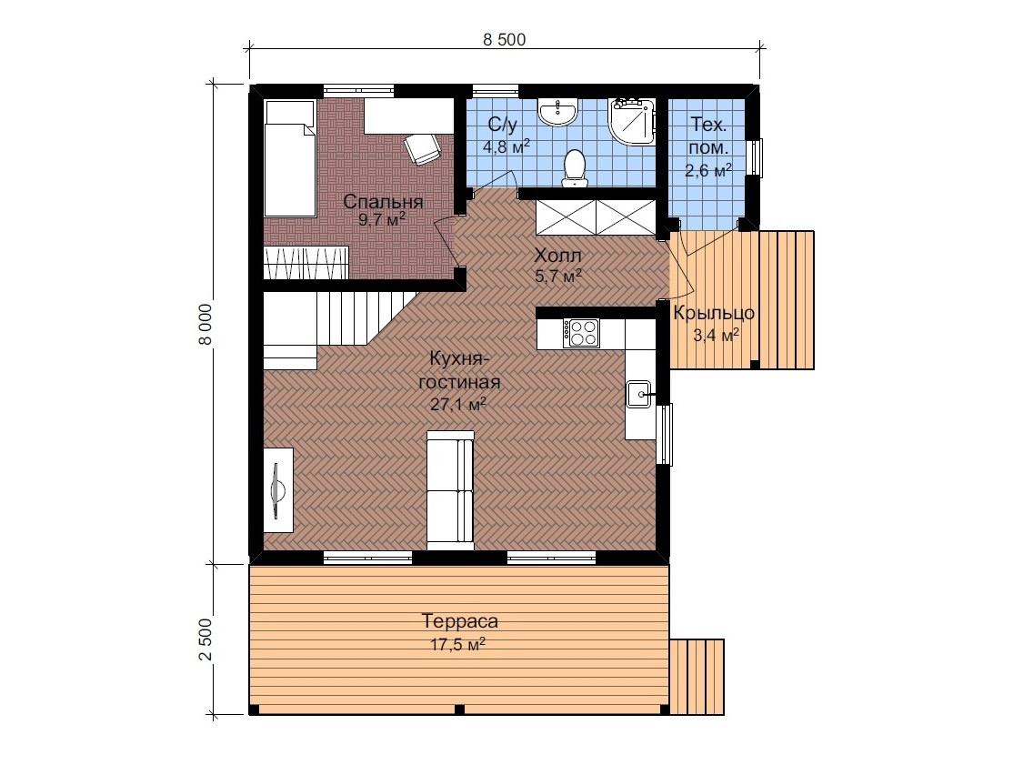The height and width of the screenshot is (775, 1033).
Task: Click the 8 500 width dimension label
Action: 504,39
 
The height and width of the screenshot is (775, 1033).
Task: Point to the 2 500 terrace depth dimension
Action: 206,639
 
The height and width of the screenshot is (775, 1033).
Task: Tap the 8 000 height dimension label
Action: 206,324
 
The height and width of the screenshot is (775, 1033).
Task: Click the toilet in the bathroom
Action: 575,168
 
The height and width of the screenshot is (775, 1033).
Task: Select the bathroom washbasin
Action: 558,112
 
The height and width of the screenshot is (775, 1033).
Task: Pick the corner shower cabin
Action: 631,121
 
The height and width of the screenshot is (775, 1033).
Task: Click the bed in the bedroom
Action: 290,158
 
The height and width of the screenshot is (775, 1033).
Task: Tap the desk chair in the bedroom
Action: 422,148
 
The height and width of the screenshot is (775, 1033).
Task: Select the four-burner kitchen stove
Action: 581,333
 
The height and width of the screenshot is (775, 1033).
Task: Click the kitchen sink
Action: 638,394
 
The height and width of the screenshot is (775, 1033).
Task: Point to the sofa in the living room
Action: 451,490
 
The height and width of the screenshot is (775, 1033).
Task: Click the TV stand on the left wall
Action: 278,489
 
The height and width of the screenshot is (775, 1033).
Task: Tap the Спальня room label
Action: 383,202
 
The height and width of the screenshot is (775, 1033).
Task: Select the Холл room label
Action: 557,255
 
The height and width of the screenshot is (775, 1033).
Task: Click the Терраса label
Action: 459,621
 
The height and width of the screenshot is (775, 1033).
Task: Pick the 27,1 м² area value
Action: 458,404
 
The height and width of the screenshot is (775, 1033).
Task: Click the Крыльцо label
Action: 714,313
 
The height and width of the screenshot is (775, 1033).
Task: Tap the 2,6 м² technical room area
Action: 708,171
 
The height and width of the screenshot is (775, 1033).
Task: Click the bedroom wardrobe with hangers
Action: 306,263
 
